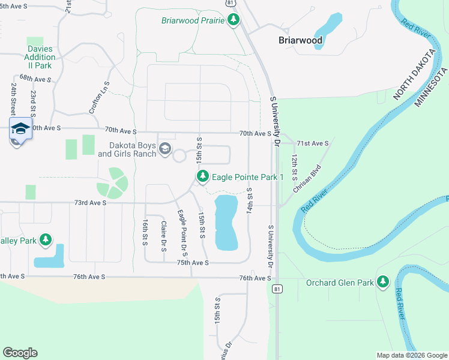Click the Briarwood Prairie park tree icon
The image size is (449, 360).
pyautogui.click(x=234, y=20)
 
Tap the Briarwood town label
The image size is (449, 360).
pyautogui.click(x=301, y=41)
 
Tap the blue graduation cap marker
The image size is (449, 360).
pyautogui.click(x=20, y=130)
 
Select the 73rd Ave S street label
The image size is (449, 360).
pyautogui.click(x=90, y=203)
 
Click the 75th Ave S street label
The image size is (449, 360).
pyautogui.click(x=193, y=263)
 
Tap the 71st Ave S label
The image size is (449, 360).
pyautogui.click(x=313, y=143)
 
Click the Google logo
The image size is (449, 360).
pyautogui.click(x=20, y=353)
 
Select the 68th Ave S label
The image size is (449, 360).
pyautogui.click(x=35, y=79)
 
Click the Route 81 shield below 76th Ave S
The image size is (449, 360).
pyautogui.click(x=277, y=289)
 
